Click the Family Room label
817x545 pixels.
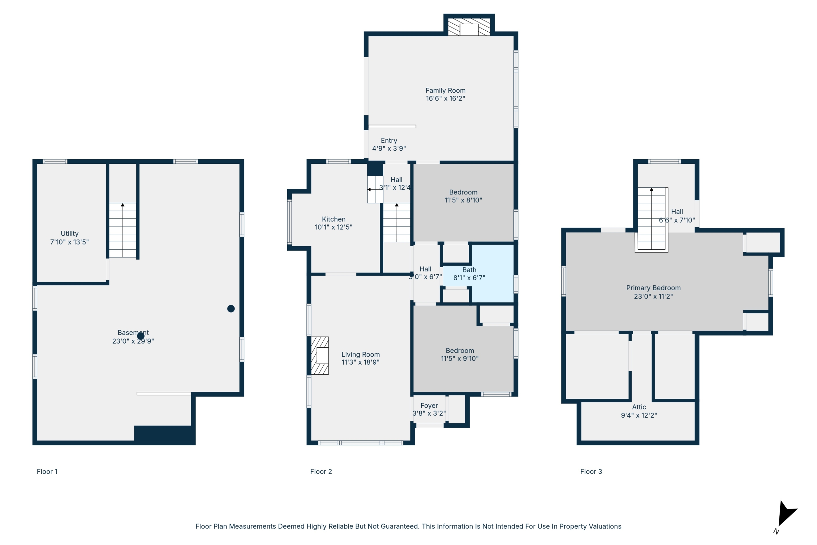point(445,90)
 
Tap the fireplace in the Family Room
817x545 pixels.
point(469,27)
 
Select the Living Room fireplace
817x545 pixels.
point(319,356)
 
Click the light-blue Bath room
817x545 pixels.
point(492,273)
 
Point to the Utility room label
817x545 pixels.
point(70,234)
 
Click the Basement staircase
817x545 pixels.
point(123,230)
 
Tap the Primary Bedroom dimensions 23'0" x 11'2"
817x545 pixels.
point(653,297)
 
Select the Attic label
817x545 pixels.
point(639,407)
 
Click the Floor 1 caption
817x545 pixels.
point(47,472)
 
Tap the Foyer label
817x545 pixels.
point(429,405)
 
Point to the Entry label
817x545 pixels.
point(389,140)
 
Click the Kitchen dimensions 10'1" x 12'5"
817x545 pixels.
point(334,227)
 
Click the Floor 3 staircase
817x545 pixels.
point(651,219)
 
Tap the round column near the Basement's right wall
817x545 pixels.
point(231,309)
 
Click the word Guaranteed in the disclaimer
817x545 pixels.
point(400,526)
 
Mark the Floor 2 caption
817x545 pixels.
point(321,472)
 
